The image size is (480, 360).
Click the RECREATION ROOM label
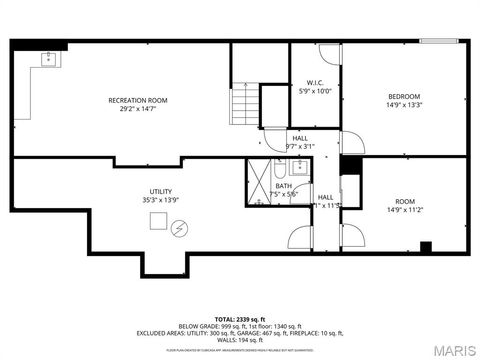point(137,100)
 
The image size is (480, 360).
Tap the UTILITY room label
point(160,191)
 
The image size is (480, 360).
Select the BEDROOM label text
point(404,96)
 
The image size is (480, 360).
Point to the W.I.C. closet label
point(314,82)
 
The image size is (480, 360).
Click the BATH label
point(284,186)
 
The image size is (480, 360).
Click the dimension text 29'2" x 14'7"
point(137,109)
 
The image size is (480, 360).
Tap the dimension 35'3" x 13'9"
point(160,201)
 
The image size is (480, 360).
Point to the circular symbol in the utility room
point(178,229)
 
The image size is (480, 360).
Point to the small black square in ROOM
point(425,247)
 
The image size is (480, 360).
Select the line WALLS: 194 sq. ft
point(240,340)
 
